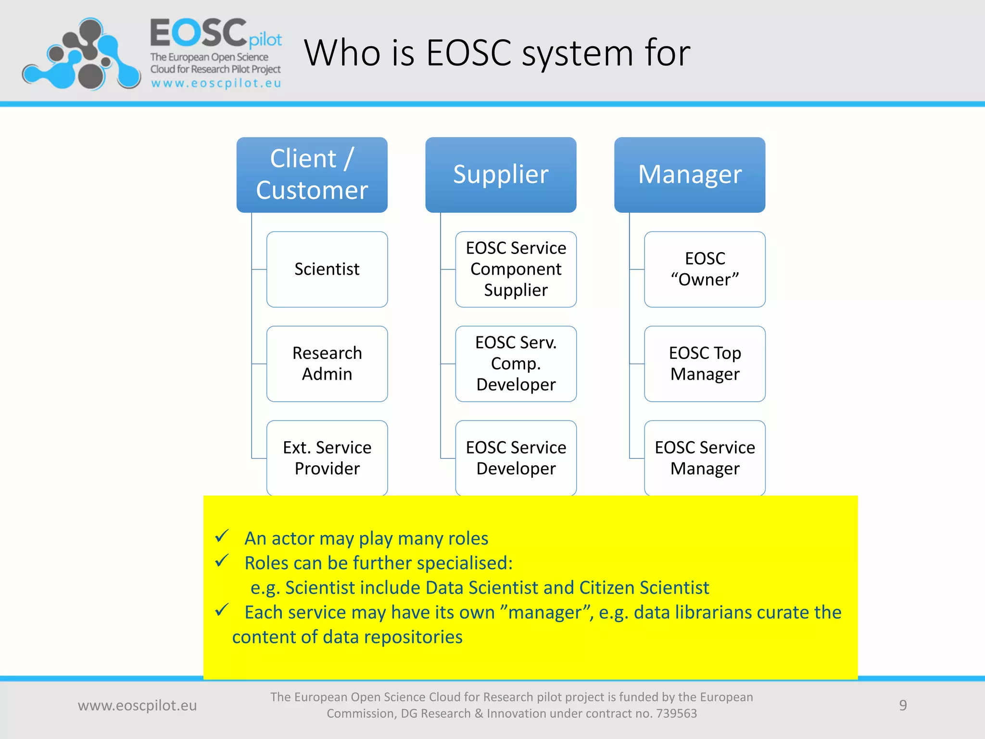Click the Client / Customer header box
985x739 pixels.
pos(312,175)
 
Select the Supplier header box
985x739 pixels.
pos(501,175)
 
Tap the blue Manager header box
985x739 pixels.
pos(690,175)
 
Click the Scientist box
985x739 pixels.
pos(327,269)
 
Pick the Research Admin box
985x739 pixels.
pos(327,364)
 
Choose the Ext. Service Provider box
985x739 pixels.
pos(327,458)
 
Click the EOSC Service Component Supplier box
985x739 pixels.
pos(516,269)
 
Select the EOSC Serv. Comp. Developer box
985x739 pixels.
pos(516,364)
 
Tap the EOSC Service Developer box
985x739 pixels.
pos(516,458)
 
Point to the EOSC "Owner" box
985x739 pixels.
pos(705,269)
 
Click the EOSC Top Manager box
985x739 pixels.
pos(705,364)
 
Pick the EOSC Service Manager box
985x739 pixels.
pos(705,458)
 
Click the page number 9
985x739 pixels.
pos(903,705)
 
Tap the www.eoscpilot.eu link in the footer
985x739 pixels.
pos(138,705)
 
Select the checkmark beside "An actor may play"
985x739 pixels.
pos(222,536)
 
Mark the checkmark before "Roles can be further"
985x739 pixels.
pos(222,561)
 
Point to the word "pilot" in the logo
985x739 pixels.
pos(265,40)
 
